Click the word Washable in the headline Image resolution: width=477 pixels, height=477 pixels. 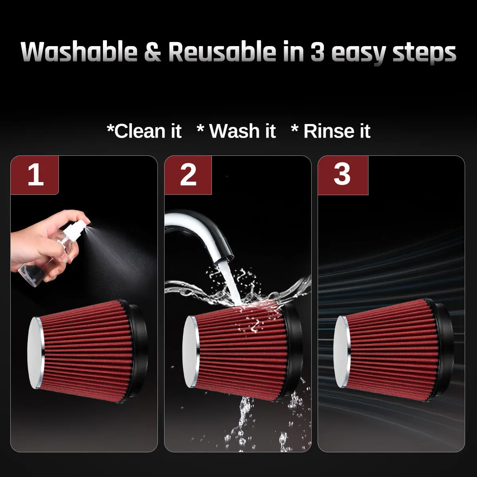(79, 52)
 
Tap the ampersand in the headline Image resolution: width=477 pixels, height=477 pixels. (153, 52)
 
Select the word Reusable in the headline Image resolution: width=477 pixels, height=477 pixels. (222, 52)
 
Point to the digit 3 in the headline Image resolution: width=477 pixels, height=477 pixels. (317, 52)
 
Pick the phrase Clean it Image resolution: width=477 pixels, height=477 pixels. (144, 131)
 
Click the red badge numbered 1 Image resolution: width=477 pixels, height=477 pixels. (35, 175)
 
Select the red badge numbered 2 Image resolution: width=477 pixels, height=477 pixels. (188, 175)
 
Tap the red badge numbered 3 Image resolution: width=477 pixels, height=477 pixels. (343, 175)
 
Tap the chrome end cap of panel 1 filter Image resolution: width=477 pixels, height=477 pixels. (36, 353)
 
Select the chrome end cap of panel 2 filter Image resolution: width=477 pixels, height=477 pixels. (191, 351)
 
